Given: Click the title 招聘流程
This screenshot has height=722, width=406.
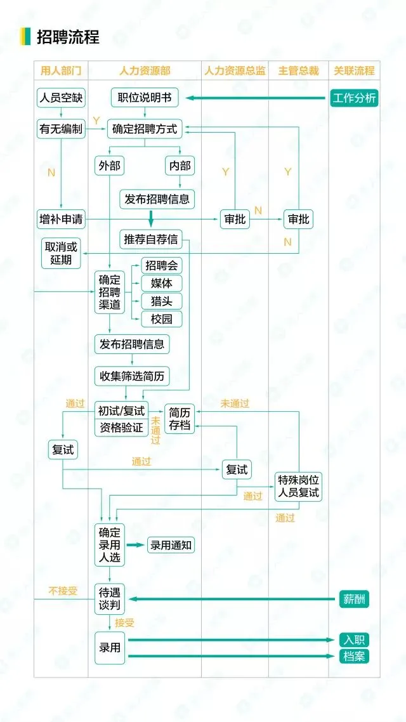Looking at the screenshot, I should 68,37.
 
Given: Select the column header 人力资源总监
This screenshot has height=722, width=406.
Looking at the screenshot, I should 235,71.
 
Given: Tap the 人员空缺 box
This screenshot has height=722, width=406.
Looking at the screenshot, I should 61,98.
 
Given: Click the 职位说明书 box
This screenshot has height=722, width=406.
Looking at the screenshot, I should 145,98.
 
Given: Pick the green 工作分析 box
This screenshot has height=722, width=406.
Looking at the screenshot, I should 354,98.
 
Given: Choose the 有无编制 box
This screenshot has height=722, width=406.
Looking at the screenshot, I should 61,129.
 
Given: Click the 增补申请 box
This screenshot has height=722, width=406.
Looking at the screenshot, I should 61,220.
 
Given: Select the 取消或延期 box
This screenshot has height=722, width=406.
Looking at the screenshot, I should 61,253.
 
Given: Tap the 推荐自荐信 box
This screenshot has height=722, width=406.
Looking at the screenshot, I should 150,239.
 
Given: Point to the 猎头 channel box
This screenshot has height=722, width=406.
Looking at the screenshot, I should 161,301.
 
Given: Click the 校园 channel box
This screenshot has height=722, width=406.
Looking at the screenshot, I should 161,318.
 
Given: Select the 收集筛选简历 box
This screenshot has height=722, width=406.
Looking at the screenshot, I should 132,376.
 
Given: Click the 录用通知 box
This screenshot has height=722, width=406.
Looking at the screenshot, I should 171,545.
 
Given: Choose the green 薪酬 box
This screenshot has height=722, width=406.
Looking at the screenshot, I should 354,600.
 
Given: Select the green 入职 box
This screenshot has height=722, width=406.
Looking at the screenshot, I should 354,640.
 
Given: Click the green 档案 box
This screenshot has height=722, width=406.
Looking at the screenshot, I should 354,656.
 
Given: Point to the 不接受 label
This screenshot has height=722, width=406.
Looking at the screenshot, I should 63,591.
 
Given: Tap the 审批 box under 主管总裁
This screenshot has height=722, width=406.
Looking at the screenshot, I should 298,220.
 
